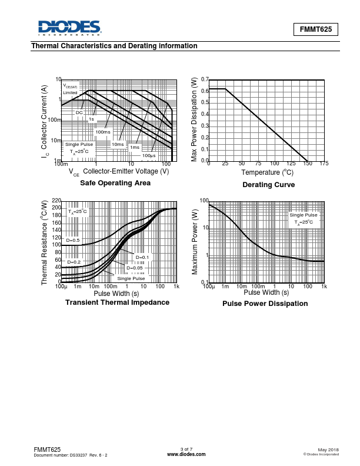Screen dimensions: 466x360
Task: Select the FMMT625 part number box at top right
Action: tap(316, 29)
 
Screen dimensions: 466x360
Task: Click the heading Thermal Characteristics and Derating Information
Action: tap(114, 46)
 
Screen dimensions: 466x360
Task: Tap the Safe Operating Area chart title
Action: tap(115, 183)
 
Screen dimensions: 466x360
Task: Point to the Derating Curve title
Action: tap(268, 185)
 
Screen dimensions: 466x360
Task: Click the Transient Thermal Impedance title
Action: tap(117, 302)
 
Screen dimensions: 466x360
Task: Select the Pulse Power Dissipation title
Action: tap(265, 304)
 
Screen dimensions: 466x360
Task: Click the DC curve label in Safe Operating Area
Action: tap(79, 112)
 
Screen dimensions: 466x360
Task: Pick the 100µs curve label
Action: tap(149, 155)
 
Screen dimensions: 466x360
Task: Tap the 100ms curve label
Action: tap(103, 132)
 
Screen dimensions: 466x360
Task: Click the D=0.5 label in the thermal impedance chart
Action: tap(73, 240)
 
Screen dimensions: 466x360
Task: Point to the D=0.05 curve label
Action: tap(134, 268)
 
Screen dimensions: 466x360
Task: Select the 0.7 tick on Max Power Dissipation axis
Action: tap(204, 79)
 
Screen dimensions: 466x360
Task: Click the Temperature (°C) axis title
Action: tap(267, 172)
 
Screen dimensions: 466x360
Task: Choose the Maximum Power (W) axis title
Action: tap(195, 241)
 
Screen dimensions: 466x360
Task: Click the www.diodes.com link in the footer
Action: tap(186, 454)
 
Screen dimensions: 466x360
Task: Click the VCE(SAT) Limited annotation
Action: tap(71, 89)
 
